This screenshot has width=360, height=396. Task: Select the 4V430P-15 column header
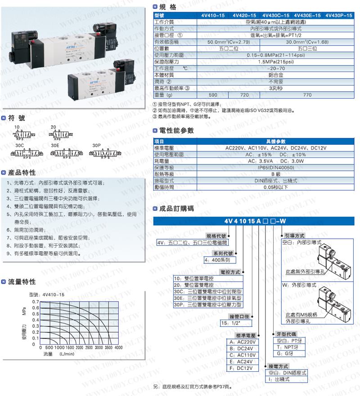click(x=339, y=15)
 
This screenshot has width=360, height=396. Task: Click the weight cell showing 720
click(x=245, y=95)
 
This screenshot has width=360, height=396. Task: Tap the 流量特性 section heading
click(x=22, y=282)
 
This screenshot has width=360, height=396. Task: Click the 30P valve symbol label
click(x=96, y=146)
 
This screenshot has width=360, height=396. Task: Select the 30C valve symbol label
click(x=19, y=146)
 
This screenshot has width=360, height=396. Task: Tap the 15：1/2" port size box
click(x=235, y=323)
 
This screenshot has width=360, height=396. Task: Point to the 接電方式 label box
click(x=279, y=366)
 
